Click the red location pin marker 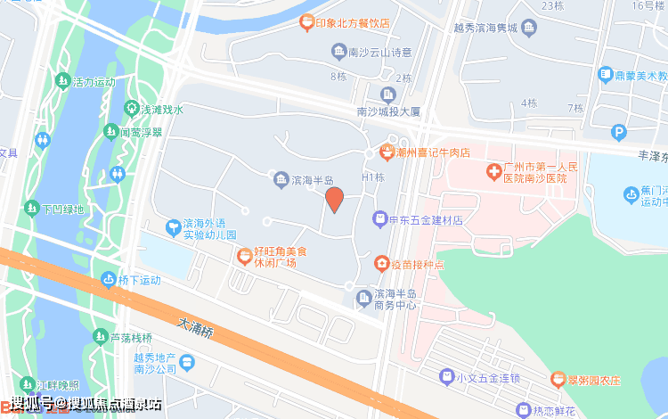334,199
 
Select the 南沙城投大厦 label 387,112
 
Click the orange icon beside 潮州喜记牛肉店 387,152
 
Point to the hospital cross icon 493,168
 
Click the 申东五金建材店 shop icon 380,218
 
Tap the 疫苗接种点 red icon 380,263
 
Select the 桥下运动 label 137,279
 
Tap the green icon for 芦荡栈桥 99,337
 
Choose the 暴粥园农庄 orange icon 558,379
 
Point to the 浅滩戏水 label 161,110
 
